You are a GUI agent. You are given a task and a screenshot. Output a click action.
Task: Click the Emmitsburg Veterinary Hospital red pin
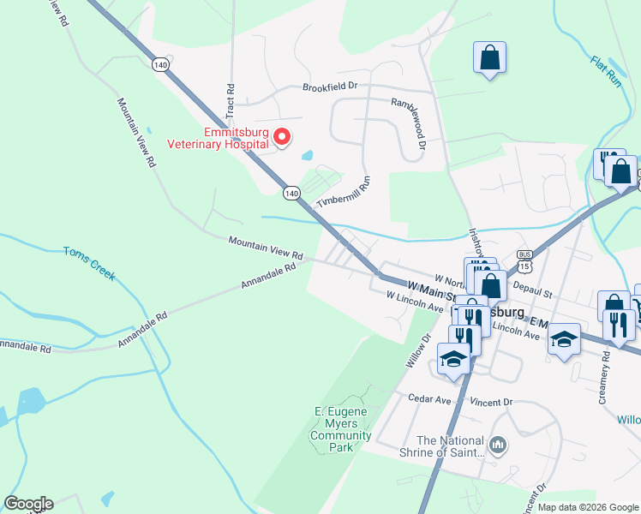tap(287, 136)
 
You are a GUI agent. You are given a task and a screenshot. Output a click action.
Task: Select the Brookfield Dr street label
tap(329, 87)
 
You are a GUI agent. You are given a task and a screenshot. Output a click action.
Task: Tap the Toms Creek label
tap(89, 264)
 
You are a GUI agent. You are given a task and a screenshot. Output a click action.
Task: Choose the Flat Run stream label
tap(605, 73)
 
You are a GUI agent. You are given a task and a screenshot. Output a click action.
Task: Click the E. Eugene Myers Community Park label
tap(340, 429)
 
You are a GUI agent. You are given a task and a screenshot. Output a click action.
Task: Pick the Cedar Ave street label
tap(429, 399)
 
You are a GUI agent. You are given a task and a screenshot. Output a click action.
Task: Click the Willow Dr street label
tap(417, 350)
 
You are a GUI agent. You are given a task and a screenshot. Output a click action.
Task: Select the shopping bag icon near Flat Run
tap(489, 57)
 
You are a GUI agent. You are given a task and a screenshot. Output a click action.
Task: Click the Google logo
tap(28, 504)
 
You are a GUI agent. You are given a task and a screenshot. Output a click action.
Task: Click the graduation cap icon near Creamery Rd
tap(564, 338)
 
